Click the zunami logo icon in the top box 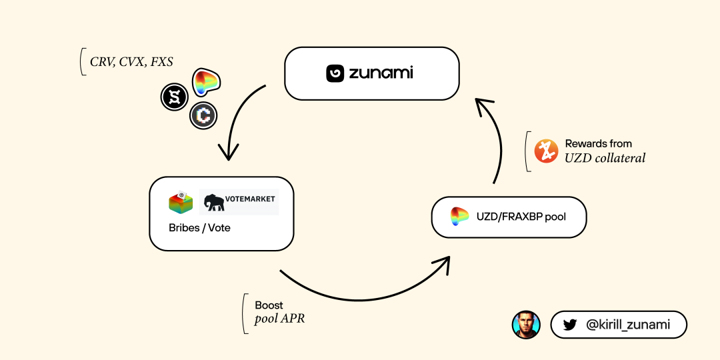pyautogui.click(x=335, y=73)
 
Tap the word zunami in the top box pyautogui.click(x=381, y=73)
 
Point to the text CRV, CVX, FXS pyautogui.click(x=131, y=62)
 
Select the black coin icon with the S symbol pyautogui.click(x=175, y=97)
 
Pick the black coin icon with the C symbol pyautogui.click(x=203, y=116)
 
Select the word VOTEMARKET pyautogui.click(x=250, y=199)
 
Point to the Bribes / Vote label pyautogui.click(x=199, y=228)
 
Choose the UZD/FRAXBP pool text pyautogui.click(x=521, y=217)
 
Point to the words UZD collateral pyautogui.click(x=605, y=159)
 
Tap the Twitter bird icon pyautogui.click(x=569, y=325)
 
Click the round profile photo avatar pyautogui.click(x=526, y=325)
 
